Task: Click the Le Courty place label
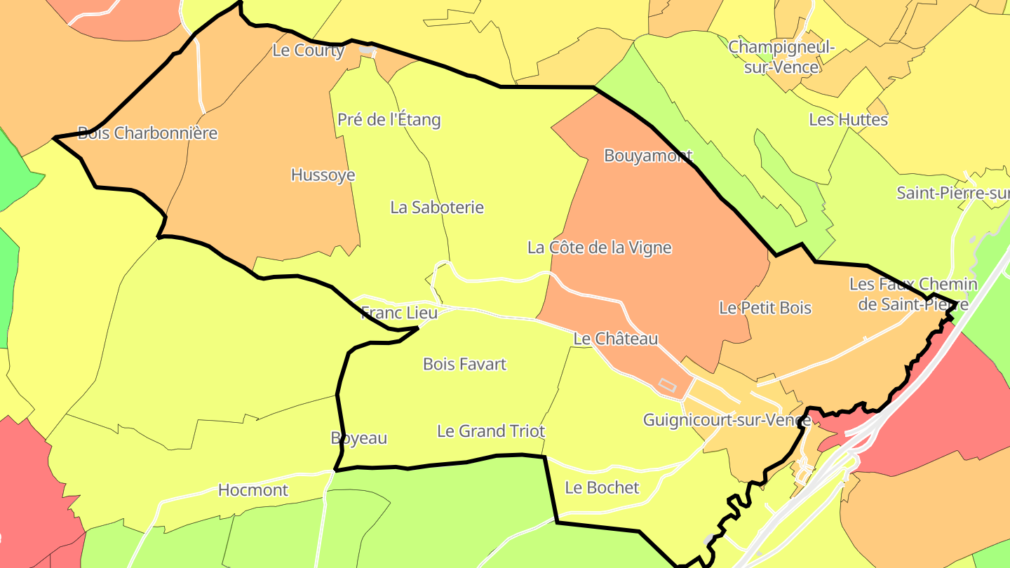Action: [309, 50]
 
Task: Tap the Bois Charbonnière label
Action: [147, 133]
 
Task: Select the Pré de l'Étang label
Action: [389, 119]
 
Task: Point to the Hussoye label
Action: [323, 175]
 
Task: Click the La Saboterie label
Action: [437, 207]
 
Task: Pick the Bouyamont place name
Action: [648, 155]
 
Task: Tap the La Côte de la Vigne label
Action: [600, 248]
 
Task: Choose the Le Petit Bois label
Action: [765, 307]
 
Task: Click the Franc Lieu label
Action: [399, 312]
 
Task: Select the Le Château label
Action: [616, 339]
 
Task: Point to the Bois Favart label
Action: [464, 364]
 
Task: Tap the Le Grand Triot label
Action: [491, 431]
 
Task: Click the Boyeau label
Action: [358, 438]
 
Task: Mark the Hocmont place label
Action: [253, 489]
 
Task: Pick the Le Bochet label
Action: [602, 487]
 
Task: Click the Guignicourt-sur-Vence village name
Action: [727, 420]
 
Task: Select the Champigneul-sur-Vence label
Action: [782, 57]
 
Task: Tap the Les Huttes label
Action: [848, 119]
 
